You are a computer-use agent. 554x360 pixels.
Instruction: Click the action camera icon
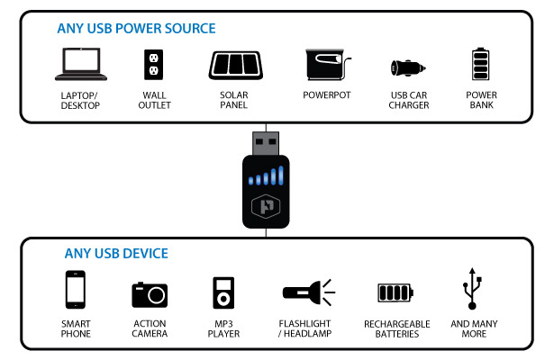point(150,293)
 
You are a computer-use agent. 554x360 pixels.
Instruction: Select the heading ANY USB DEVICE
point(116,254)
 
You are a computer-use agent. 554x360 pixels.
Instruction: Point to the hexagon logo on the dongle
point(267,205)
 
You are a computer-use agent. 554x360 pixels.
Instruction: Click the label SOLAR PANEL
point(235,101)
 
